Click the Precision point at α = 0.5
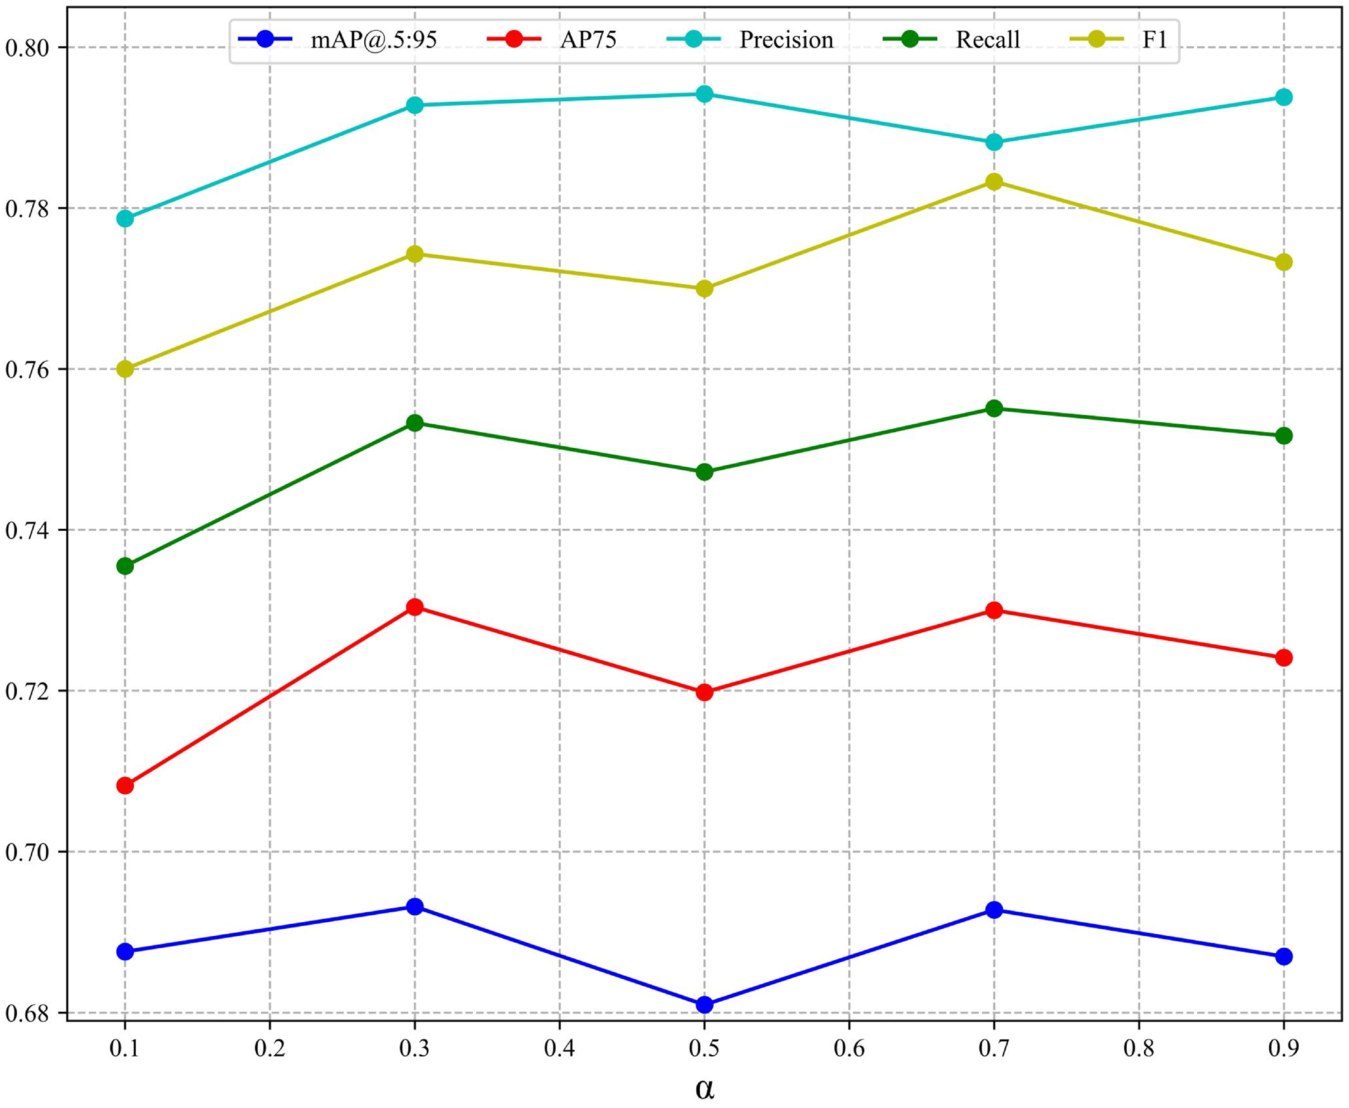704,94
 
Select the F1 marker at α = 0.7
994,181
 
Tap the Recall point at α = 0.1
125,566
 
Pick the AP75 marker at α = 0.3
415,606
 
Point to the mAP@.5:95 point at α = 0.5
704,1005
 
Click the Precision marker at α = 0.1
125,218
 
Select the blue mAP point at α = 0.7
994,909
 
